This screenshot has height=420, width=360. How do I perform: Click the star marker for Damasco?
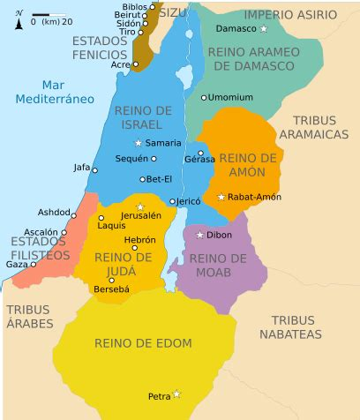coord(264,29)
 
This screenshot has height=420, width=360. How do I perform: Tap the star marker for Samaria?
coord(138,143)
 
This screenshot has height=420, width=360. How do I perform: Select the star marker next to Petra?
coord(177,394)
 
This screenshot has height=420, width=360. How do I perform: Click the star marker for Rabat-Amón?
coord(221,197)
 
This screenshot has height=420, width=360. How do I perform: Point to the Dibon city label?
coord(220,235)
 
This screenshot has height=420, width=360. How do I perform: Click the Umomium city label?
coord(231,97)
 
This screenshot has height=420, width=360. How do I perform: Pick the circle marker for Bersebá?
coord(110,281)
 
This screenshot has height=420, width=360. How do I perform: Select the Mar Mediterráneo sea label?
coord(54,92)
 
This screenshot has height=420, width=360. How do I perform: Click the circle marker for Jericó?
coord(172,201)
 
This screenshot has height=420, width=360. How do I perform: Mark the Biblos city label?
coord(134,6)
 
